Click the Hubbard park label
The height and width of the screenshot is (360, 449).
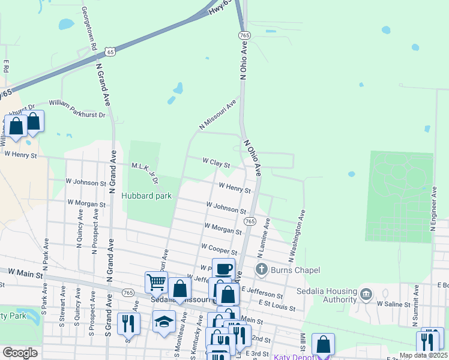[146, 196]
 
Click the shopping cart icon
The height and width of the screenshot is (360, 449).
[156, 281]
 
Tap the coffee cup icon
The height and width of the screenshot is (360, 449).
[223, 268]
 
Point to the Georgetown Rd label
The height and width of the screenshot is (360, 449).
[89, 29]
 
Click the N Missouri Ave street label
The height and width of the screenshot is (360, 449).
[218, 115]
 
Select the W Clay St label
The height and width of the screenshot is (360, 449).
[216, 163]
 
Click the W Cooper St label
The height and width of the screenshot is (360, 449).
[219, 248]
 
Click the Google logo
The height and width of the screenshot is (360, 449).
[19, 353]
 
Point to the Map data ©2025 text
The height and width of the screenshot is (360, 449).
[423, 355]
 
